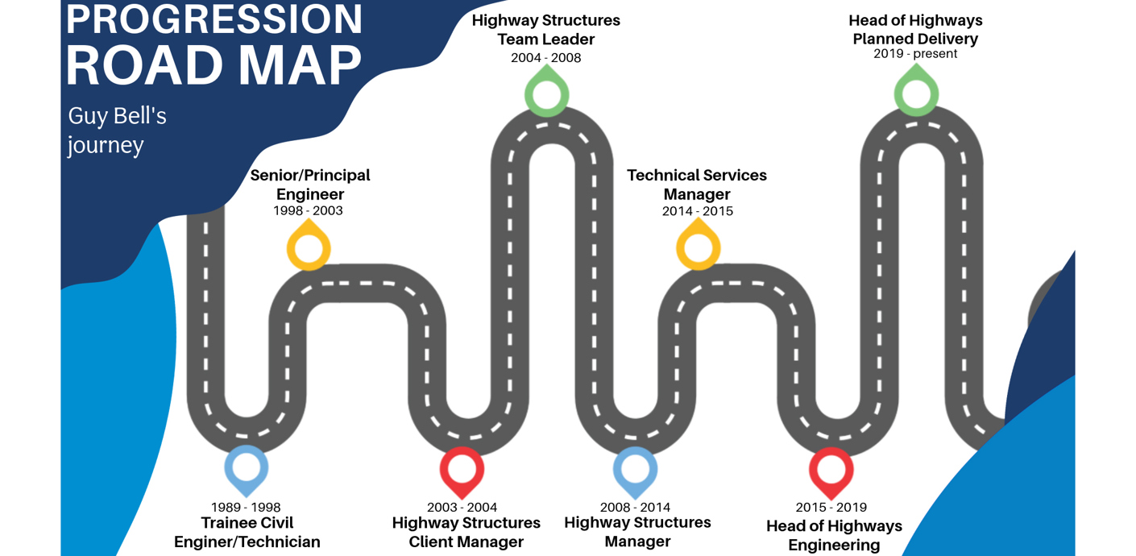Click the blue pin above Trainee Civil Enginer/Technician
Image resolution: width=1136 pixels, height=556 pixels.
tap(246, 468)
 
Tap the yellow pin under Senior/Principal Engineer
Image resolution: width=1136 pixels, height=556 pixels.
tap(309, 246)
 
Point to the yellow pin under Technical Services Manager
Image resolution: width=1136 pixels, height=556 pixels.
tap(698, 246)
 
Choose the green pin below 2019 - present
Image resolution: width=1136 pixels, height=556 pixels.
tap(916, 93)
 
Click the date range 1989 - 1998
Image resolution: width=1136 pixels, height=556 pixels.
tap(246, 508)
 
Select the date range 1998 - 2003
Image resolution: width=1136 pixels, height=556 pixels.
tap(308, 211)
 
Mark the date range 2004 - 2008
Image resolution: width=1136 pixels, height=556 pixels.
tap(545, 58)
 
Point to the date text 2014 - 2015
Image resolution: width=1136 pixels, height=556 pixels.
tap(698, 211)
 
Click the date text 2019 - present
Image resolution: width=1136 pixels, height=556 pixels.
tap(915, 54)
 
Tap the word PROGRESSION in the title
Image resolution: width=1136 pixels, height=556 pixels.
tap(214, 19)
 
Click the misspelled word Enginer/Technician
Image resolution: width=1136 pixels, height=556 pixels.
tap(247, 542)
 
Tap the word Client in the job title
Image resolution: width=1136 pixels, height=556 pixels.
tap(438, 542)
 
